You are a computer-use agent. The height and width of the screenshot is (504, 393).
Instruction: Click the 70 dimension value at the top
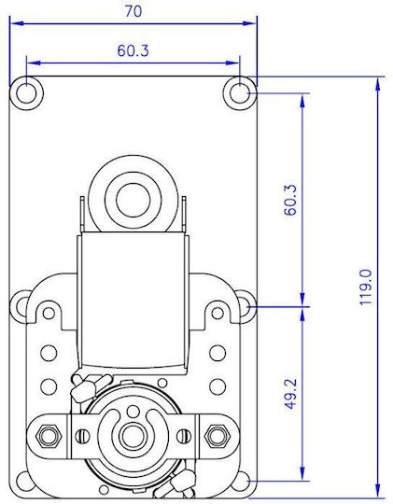[133, 11]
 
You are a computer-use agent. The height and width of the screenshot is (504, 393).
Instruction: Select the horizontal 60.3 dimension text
[133, 50]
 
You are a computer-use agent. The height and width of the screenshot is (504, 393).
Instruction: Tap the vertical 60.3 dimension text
[290, 200]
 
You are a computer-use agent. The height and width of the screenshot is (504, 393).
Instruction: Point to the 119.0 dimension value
[365, 287]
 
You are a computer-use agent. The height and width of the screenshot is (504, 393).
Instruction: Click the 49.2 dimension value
[290, 394]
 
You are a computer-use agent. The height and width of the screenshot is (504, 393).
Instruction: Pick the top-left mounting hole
[26, 93]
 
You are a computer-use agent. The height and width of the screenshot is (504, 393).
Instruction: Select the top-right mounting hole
[240, 93]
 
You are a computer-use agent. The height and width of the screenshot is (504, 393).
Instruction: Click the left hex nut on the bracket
[49, 436]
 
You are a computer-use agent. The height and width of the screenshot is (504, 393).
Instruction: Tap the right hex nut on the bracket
[217, 436]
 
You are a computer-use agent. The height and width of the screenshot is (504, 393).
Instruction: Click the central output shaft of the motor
[133, 436]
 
